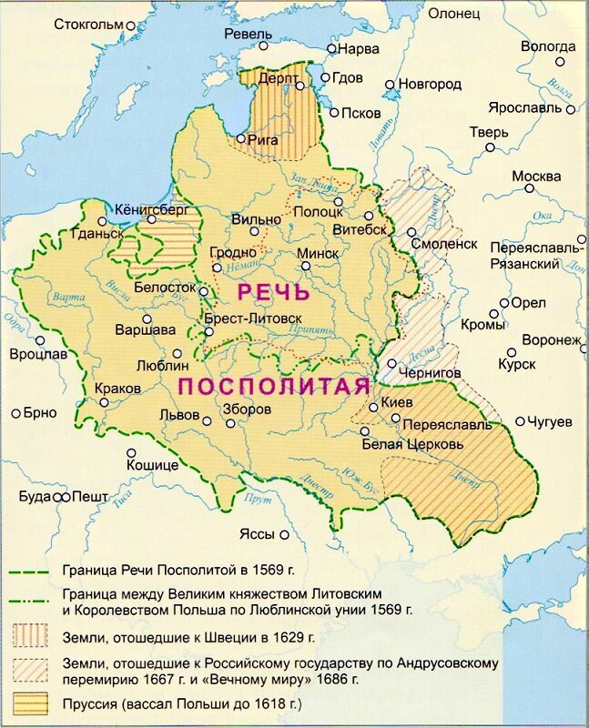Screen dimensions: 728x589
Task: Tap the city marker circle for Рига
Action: [241, 139]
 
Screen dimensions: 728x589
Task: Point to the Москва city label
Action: [536, 176]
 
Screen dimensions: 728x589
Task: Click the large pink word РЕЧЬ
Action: [273, 292]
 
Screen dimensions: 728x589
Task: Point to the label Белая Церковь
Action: [412, 444]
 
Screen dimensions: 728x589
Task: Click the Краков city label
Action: [117, 388]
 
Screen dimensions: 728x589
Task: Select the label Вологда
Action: [548, 45]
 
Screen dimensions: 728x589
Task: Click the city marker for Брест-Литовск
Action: [209, 332]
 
